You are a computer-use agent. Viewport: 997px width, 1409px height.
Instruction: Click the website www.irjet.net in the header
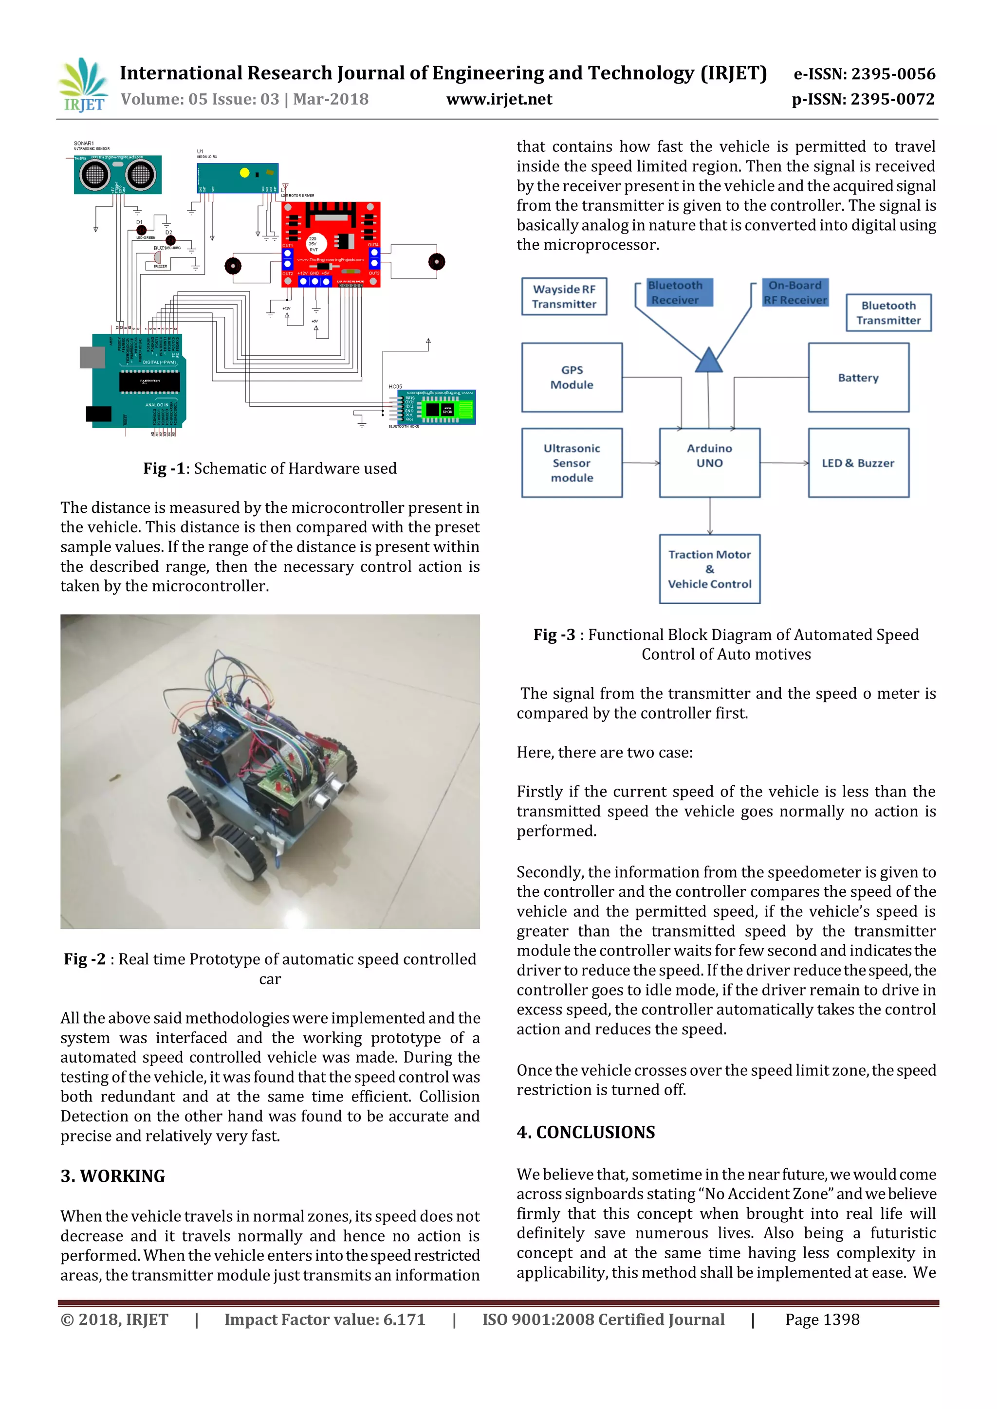point(498,99)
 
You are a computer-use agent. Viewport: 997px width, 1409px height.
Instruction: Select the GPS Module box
point(572,378)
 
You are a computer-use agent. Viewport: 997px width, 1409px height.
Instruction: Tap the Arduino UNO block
point(709,462)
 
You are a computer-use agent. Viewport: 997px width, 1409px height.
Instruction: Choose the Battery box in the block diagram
point(858,378)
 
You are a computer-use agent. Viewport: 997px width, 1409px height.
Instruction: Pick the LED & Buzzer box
point(858,463)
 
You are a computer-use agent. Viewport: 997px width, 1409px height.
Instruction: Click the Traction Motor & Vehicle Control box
point(709,569)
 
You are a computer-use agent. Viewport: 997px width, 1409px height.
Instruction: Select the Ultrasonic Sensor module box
point(572,463)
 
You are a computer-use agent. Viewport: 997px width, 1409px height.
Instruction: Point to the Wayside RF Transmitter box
point(564,296)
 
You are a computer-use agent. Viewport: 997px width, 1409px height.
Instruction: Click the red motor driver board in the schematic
point(331,244)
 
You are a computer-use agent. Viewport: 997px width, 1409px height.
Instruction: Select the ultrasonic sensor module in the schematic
point(117,175)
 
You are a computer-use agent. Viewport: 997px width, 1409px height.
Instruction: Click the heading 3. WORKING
point(113,1176)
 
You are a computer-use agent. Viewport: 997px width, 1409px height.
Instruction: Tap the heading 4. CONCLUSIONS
point(586,1132)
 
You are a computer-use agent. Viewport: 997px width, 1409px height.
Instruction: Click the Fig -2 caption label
point(85,959)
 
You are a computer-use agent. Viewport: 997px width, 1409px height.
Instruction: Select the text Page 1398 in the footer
point(822,1319)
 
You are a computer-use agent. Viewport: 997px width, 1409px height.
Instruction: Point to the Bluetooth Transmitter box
point(888,313)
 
